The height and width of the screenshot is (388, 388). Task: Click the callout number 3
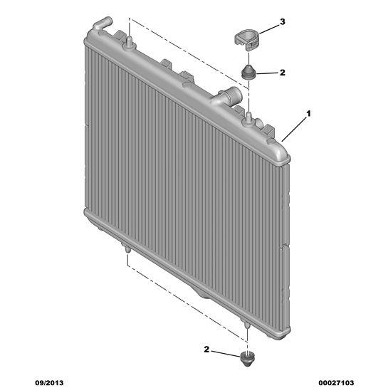click(x=283, y=22)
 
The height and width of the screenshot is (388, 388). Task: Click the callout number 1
click(x=308, y=114)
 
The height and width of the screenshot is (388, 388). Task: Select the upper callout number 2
click(x=283, y=73)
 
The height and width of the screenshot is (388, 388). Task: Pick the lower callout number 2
click(x=206, y=349)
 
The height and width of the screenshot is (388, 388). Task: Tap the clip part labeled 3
click(x=246, y=40)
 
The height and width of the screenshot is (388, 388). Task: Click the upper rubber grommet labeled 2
click(x=248, y=72)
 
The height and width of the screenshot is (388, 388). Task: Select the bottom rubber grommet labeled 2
click(x=248, y=359)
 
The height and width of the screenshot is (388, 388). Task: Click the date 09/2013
click(x=49, y=383)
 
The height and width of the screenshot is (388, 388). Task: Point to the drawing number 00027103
click(x=336, y=383)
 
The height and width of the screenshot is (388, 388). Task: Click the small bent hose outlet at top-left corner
click(x=102, y=23)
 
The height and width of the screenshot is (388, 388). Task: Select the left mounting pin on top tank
click(x=129, y=42)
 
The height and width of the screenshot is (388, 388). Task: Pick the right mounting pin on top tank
click(x=248, y=118)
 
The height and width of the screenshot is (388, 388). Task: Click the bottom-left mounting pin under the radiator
click(x=127, y=248)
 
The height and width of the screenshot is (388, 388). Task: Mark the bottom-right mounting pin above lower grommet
click(x=246, y=325)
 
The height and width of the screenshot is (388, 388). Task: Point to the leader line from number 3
click(x=268, y=29)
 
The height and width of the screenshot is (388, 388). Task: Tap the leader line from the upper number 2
click(x=266, y=73)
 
